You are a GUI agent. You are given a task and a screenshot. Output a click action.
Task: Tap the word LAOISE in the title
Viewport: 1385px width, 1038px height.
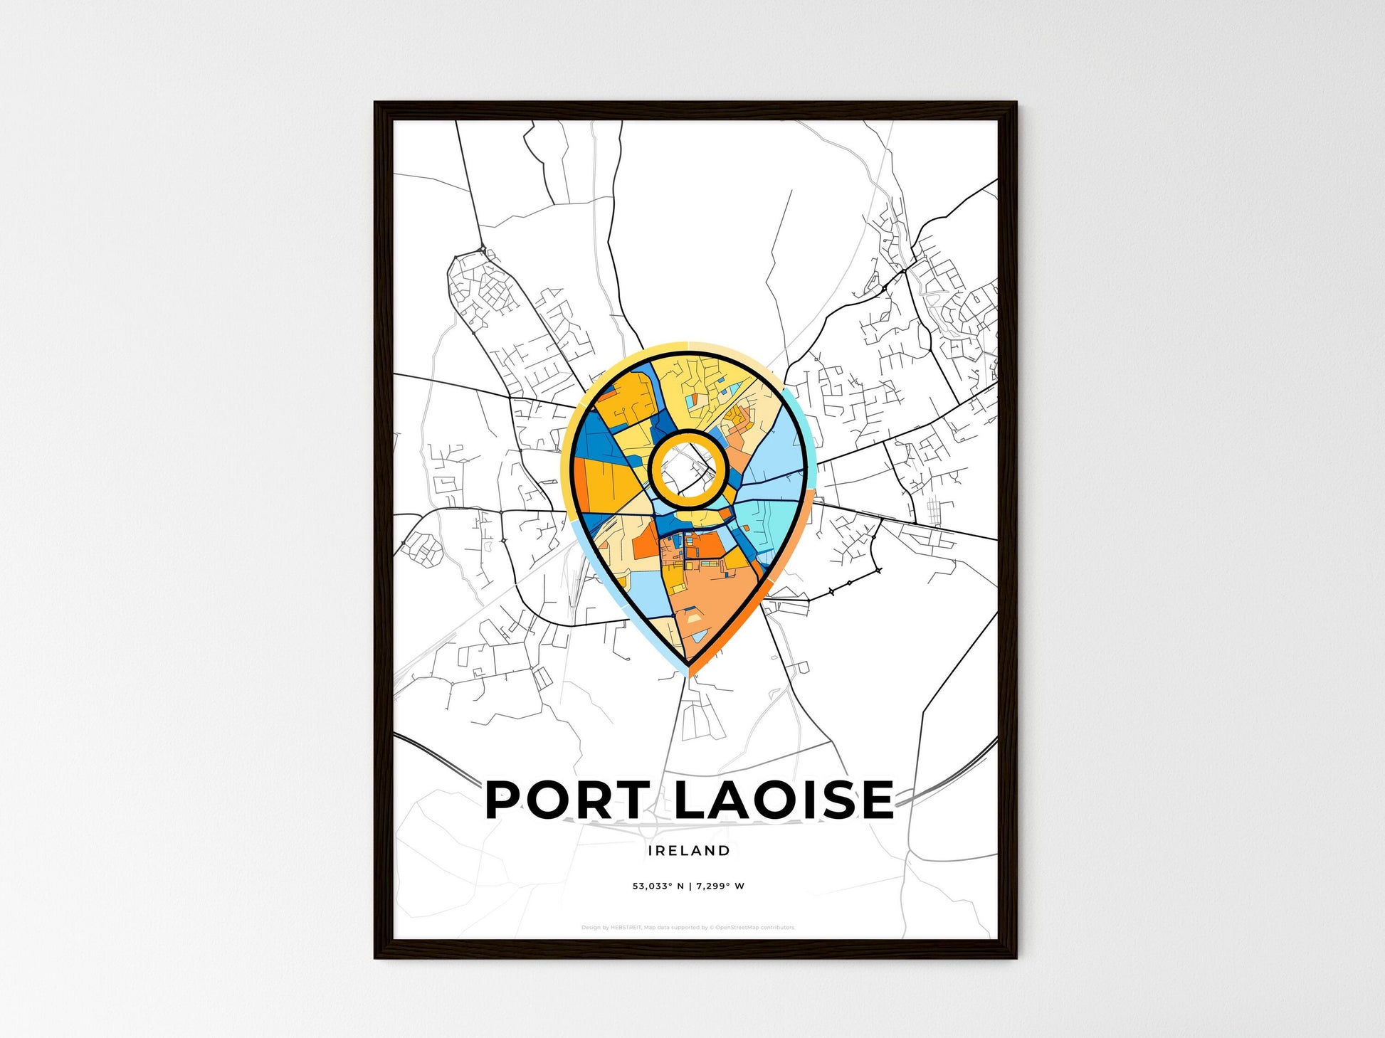click(783, 799)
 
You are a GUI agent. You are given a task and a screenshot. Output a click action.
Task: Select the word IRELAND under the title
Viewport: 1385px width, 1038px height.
click(689, 850)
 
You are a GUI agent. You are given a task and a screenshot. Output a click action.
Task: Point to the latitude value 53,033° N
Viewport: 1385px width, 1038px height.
click(658, 886)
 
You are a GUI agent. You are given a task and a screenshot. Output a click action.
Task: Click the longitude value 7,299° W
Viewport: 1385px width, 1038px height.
click(721, 886)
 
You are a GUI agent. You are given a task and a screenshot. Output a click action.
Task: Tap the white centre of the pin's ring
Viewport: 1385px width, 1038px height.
click(688, 469)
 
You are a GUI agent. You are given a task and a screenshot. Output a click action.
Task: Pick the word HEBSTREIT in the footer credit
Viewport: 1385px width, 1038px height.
click(626, 928)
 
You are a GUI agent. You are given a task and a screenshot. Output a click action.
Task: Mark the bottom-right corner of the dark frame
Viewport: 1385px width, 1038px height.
click(1016, 957)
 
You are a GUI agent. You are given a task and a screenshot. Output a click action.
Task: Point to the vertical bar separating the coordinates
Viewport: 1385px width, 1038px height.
click(690, 886)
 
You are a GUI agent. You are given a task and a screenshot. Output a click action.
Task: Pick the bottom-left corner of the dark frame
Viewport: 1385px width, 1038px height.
click(376, 957)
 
